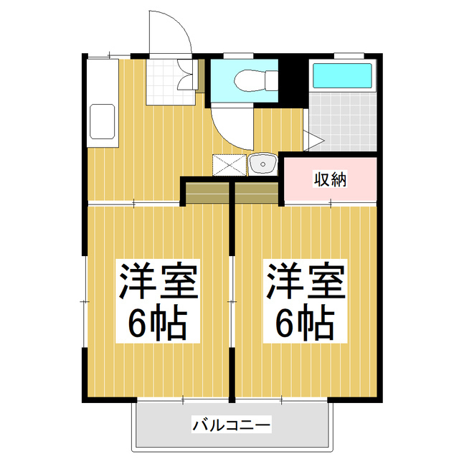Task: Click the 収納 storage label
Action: (330, 179)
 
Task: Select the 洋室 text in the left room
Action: (158, 282)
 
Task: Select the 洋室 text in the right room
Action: (306, 282)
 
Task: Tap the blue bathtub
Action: (342, 75)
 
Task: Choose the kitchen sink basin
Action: (101, 120)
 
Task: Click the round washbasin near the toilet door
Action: (262, 165)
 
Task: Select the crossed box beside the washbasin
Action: (229, 165)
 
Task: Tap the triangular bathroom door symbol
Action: (314, 138)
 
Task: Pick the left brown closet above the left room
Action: (207, 191)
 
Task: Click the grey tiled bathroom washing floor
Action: (343, 122)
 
